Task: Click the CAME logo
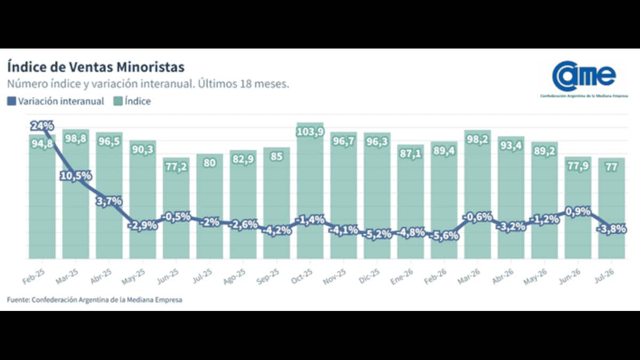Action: pos(583,79)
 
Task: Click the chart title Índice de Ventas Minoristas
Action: pos(96,67)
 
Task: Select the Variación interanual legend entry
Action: pos(55,101)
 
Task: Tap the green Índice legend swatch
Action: pos(118,101)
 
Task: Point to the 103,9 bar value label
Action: pos(310,132)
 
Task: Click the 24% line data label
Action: pos(42,126)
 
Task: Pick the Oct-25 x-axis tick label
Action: pos(302,276)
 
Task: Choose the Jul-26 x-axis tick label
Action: pos(604,276)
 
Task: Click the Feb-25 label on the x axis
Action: pos(34,277)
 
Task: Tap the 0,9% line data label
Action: pos(578,211)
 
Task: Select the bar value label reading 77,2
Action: pos(177,166)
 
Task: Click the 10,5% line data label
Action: pos(75,176)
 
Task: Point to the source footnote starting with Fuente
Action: pos(94,300)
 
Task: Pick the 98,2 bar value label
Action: pos(478,139)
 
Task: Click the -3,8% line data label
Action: pos(611,229)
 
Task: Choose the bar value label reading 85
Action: pos(277,157)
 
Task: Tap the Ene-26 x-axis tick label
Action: pos(402,277)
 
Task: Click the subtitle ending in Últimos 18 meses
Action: pos(148,84)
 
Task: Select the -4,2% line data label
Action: pos(277,230)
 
